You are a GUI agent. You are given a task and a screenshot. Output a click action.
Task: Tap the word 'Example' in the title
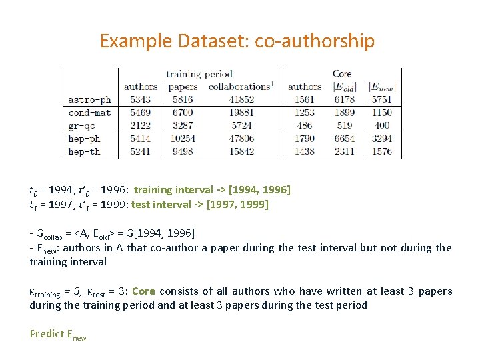pyautogui.click(x=136, y=41)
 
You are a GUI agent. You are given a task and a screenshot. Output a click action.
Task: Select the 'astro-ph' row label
pyautogui.click(x=89, y=99)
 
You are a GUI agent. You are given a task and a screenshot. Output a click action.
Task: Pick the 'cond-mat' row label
pyautogui.click(x=89, y=112)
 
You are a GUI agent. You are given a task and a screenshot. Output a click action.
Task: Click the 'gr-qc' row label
pyautogui.click(x=83, y=125)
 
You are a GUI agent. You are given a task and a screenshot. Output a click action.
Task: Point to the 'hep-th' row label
pyautogui.click(x=85, y=151)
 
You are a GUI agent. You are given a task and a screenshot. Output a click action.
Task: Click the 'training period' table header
pyautogui.click(x=199, y=74)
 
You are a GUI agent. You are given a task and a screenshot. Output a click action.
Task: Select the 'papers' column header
pyautogui.click(x=183, y=87)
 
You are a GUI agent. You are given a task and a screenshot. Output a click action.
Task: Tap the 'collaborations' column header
pyautogui.click(x=239, y=87)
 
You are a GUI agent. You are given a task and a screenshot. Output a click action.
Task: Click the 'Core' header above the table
pyautogui.click(x=342, y=74)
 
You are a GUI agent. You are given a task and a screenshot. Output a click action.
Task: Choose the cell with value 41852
pyautogui.click(x=241, y=99)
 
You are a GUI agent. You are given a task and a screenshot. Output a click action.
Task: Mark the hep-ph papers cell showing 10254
pyautogui.click(x=182, y=139)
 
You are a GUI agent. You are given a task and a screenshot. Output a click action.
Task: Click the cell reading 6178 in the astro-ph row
pyautogui.click(x=344, y=99)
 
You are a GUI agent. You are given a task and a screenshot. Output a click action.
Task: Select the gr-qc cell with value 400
pyautogui.click(x=382, y=125)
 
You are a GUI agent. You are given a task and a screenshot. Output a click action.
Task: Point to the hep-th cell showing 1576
pyautogui.click(x=382, y=151)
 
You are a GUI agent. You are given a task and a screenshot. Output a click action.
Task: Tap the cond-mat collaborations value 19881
pyautogui.click(x=241, y=112)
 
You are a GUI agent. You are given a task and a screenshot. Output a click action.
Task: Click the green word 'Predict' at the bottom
pyautogui.click(x=47, y=334)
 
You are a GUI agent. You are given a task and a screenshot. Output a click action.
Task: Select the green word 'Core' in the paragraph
pyautogui.click(x=143, y=291)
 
